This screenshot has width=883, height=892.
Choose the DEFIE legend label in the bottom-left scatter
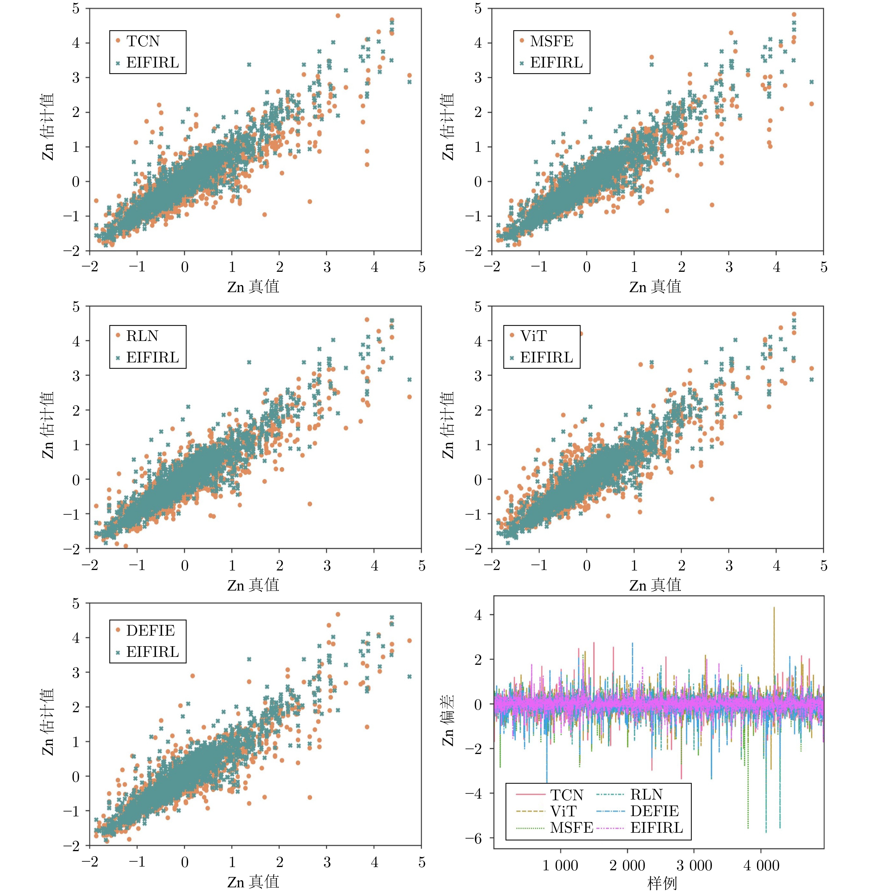pyautogui.click(x=150, y=631)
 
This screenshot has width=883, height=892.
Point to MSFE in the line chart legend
pyautogui.click(x=571, y=828)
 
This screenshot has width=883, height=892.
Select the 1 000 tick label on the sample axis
pyautogui.click(x=560, y=866)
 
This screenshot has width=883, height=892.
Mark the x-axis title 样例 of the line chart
pyautogui.click(x=662, y=883)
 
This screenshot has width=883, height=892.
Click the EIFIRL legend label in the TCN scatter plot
pyautogui.click(x=152, y=63)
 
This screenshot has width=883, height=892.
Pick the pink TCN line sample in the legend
pyautogui.click(x=531, y=795)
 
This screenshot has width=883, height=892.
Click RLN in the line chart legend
pyautogui.click(x=647, y=795)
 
